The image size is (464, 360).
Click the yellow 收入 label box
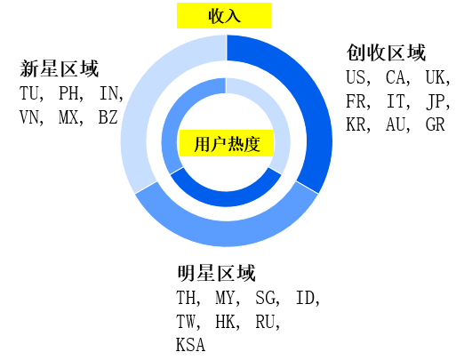point(224,16)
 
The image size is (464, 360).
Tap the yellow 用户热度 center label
point(227,143)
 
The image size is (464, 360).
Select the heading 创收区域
point(386,53)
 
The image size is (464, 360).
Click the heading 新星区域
point(60,68)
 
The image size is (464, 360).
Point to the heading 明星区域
point(216,273)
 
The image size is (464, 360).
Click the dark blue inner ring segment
point(226,197)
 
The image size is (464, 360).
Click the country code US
point(356,77)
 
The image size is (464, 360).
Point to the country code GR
point(436,124)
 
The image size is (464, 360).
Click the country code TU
point(29,93)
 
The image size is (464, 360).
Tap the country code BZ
point(108,117)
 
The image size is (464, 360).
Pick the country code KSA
point(190,345)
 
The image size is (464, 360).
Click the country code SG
point(265,298)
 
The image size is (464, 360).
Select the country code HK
point(225,322)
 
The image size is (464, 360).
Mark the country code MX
point(68,117)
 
